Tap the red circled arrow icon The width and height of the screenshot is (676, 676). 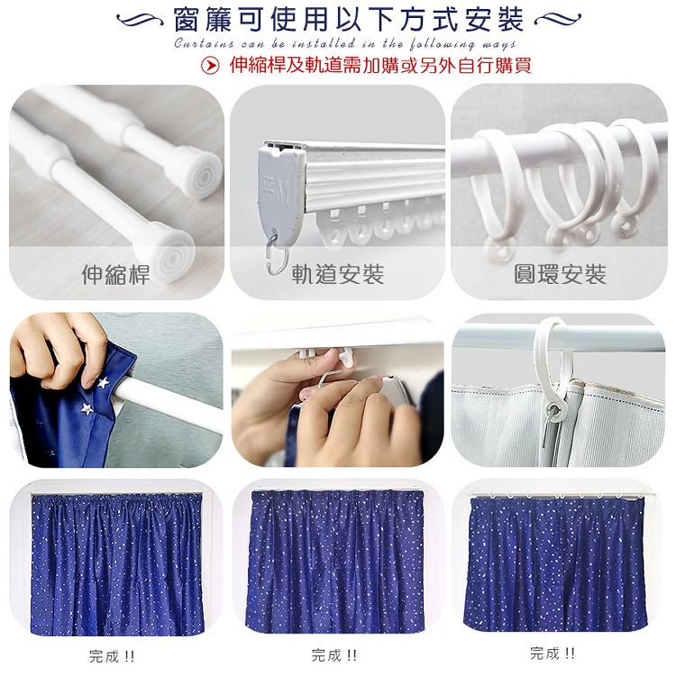pos(209,64)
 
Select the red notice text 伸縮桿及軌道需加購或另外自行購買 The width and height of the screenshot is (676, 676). pos(379,64)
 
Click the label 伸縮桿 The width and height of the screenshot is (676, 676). pos(115,274)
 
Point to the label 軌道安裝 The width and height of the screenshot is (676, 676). pos(338,274)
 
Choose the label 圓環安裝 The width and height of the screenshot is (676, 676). pos(560,274)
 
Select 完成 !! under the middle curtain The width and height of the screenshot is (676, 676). pos(334,655)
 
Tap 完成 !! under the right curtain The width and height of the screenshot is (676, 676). pos(553,653)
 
